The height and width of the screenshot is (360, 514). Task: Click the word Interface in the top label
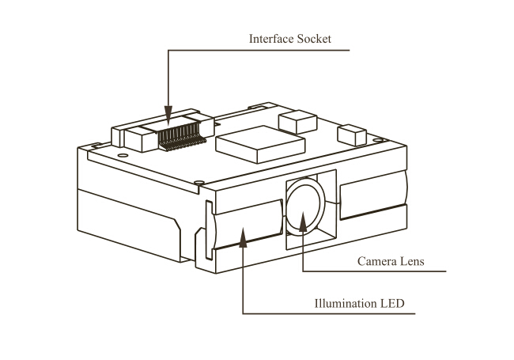pyautogui.click(x=271, y=39)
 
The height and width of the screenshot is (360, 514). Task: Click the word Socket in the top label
pyautogui.click(x=314, y=39)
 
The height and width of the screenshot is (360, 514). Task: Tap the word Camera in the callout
pyautogui.click(x=377, y=261)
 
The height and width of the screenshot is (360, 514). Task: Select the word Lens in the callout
pyautogui.click(x=412, y=261)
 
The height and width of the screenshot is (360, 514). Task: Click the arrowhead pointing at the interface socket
pyautogui.click(x=168, y=116)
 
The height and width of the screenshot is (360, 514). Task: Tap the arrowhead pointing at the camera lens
pyautogui.click(x=303, y=222)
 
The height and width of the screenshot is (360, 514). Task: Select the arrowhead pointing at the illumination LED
pyautogui.click(x=243, y=237)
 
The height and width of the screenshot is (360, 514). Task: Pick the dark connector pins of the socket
pyautogui.click(x=181, y=137)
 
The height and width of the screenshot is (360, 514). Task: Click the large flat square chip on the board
pyautogui.click(x=261, y=144)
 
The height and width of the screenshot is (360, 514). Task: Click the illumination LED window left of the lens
pyautogui.click(x=248, y=224)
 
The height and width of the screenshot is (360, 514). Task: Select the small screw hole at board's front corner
pyautogui.click(x=199, y=182)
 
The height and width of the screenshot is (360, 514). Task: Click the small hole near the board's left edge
pyautogui.click(x=123, y=155)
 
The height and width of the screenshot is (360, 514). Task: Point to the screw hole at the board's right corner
pyautogui.click(x=378, y=140)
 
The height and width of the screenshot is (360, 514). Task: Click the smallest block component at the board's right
pyautogui.click(x=352, y=135)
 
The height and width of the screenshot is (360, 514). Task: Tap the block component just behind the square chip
pyautogui.click(x=297, y=122)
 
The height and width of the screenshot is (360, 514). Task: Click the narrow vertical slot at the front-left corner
pyautogui.click(x=209, y=229)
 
